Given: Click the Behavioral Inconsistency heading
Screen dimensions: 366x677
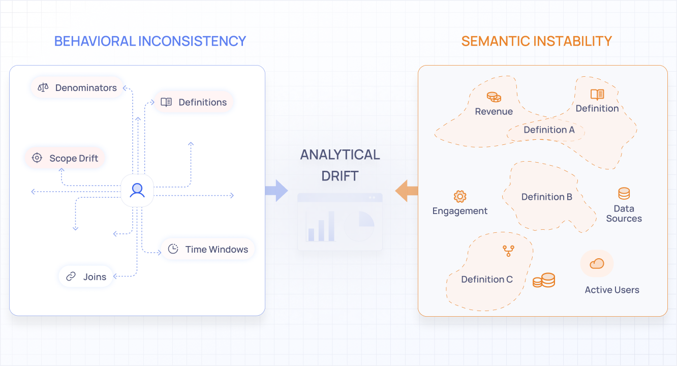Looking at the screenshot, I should [150, 41].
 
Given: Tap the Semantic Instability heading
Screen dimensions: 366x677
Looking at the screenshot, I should [536, 41].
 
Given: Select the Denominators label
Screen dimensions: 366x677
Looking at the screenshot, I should [86, 88].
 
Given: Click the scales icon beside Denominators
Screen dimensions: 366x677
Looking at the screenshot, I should [43, 87].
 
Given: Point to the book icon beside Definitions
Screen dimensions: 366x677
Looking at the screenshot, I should [166, 102].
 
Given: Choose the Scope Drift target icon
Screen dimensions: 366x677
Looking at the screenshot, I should [37, 158].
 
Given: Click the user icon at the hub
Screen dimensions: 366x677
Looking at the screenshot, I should [137, 190].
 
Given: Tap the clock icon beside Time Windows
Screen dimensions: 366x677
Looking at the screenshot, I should [173, 249].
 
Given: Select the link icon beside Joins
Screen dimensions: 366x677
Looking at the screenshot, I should [71, 277].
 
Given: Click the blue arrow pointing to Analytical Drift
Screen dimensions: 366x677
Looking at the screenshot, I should [276, 191].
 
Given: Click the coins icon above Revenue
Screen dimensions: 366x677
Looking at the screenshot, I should [494, 97].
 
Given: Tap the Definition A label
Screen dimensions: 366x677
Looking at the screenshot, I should [549, 130].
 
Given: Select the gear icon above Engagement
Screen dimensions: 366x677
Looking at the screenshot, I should [460, 196].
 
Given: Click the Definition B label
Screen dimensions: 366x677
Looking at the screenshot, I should [547, 197].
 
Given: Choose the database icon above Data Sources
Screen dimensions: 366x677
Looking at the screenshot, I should [624, 194].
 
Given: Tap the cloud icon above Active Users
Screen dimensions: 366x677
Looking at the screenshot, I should [597, 263].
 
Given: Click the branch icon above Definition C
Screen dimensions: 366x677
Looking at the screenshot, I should [508, 250].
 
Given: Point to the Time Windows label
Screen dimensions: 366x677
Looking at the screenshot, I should [217, 250].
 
